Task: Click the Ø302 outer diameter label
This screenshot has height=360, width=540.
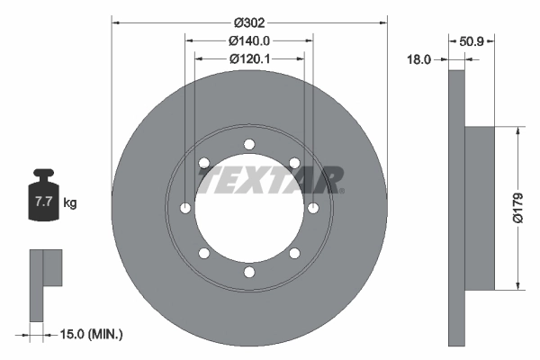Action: pyautogui.click(x=249, y=21)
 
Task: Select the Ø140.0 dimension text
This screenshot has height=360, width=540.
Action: pyautogui.click(x=249, y=40)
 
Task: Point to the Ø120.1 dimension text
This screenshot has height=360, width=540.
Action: pyautogui.click(x=249, y=58)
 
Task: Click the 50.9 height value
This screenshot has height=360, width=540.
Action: pyautogui.click(x=472, y=40)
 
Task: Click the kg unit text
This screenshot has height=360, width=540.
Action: pyautogui.click(x=70, y=203)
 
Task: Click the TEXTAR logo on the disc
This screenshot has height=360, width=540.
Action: pyautogui.click(x=270, y=180)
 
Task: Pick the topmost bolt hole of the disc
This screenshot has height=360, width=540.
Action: pyautogui.click(x=249, y=144)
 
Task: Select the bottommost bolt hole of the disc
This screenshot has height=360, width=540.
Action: pyautogui.click(x=249, y=274)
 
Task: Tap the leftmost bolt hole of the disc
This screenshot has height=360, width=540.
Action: pyautogui.click(x=184, y=209)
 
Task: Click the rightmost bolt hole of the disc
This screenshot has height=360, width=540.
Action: pyautogui.click(x=314, y=209)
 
